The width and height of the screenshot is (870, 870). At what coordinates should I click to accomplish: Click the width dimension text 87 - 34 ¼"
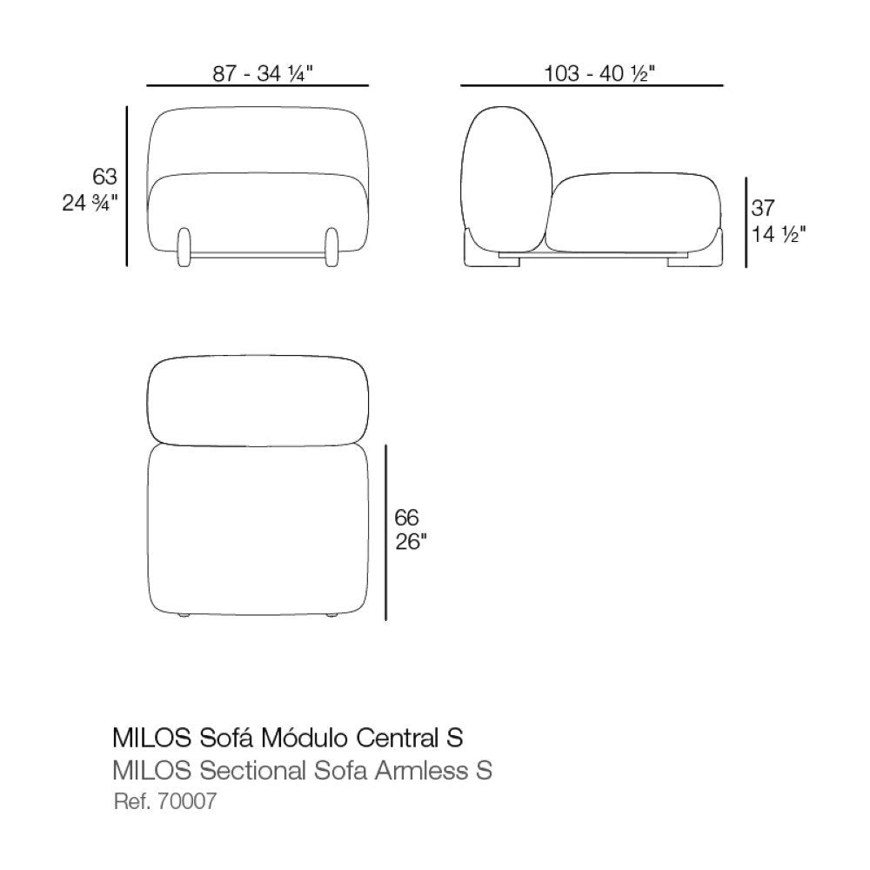click(x=263, y=74)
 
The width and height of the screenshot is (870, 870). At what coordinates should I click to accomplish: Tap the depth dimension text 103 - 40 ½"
click(x=599, y=74)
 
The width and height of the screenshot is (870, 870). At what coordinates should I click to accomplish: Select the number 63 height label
click(x=105, y=177)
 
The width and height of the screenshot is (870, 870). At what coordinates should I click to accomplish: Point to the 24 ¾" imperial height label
click(x=90, y=204)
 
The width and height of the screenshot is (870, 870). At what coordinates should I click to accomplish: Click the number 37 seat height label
click(x=763, y=208)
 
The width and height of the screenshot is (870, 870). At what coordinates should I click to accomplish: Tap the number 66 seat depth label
click(x=406, y=518)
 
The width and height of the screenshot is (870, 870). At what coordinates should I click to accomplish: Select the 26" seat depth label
click(x=412, y=542)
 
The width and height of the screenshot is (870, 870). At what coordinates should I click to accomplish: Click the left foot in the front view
click(x=184, y=247)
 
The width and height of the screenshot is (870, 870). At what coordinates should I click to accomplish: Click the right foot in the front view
click(x=331, y=247)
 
